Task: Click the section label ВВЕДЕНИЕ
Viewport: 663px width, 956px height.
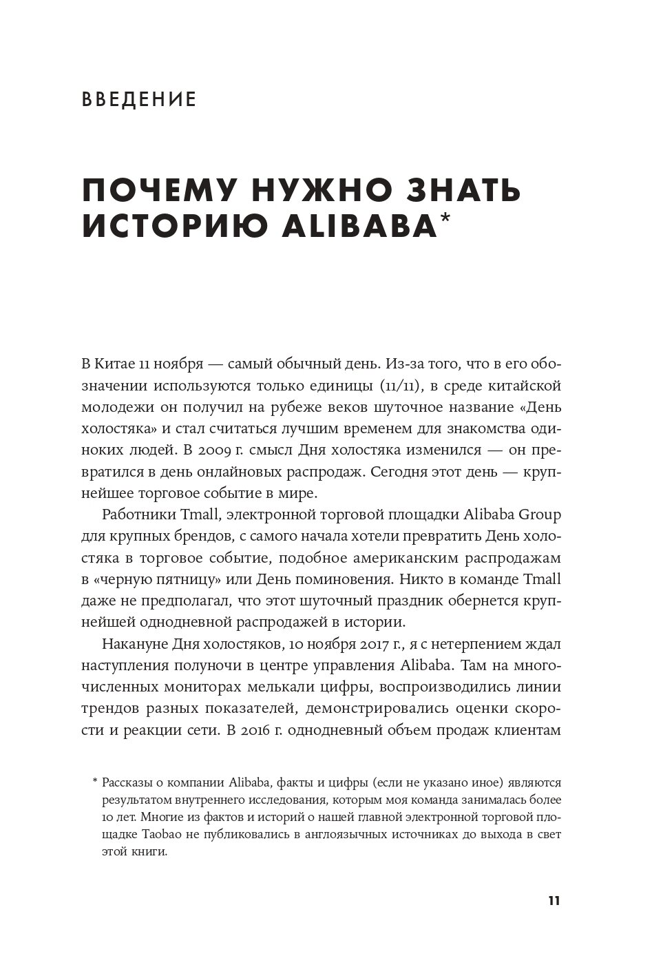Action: click(139, 101)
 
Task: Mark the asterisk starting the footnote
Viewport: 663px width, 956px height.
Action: click(94, 781)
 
